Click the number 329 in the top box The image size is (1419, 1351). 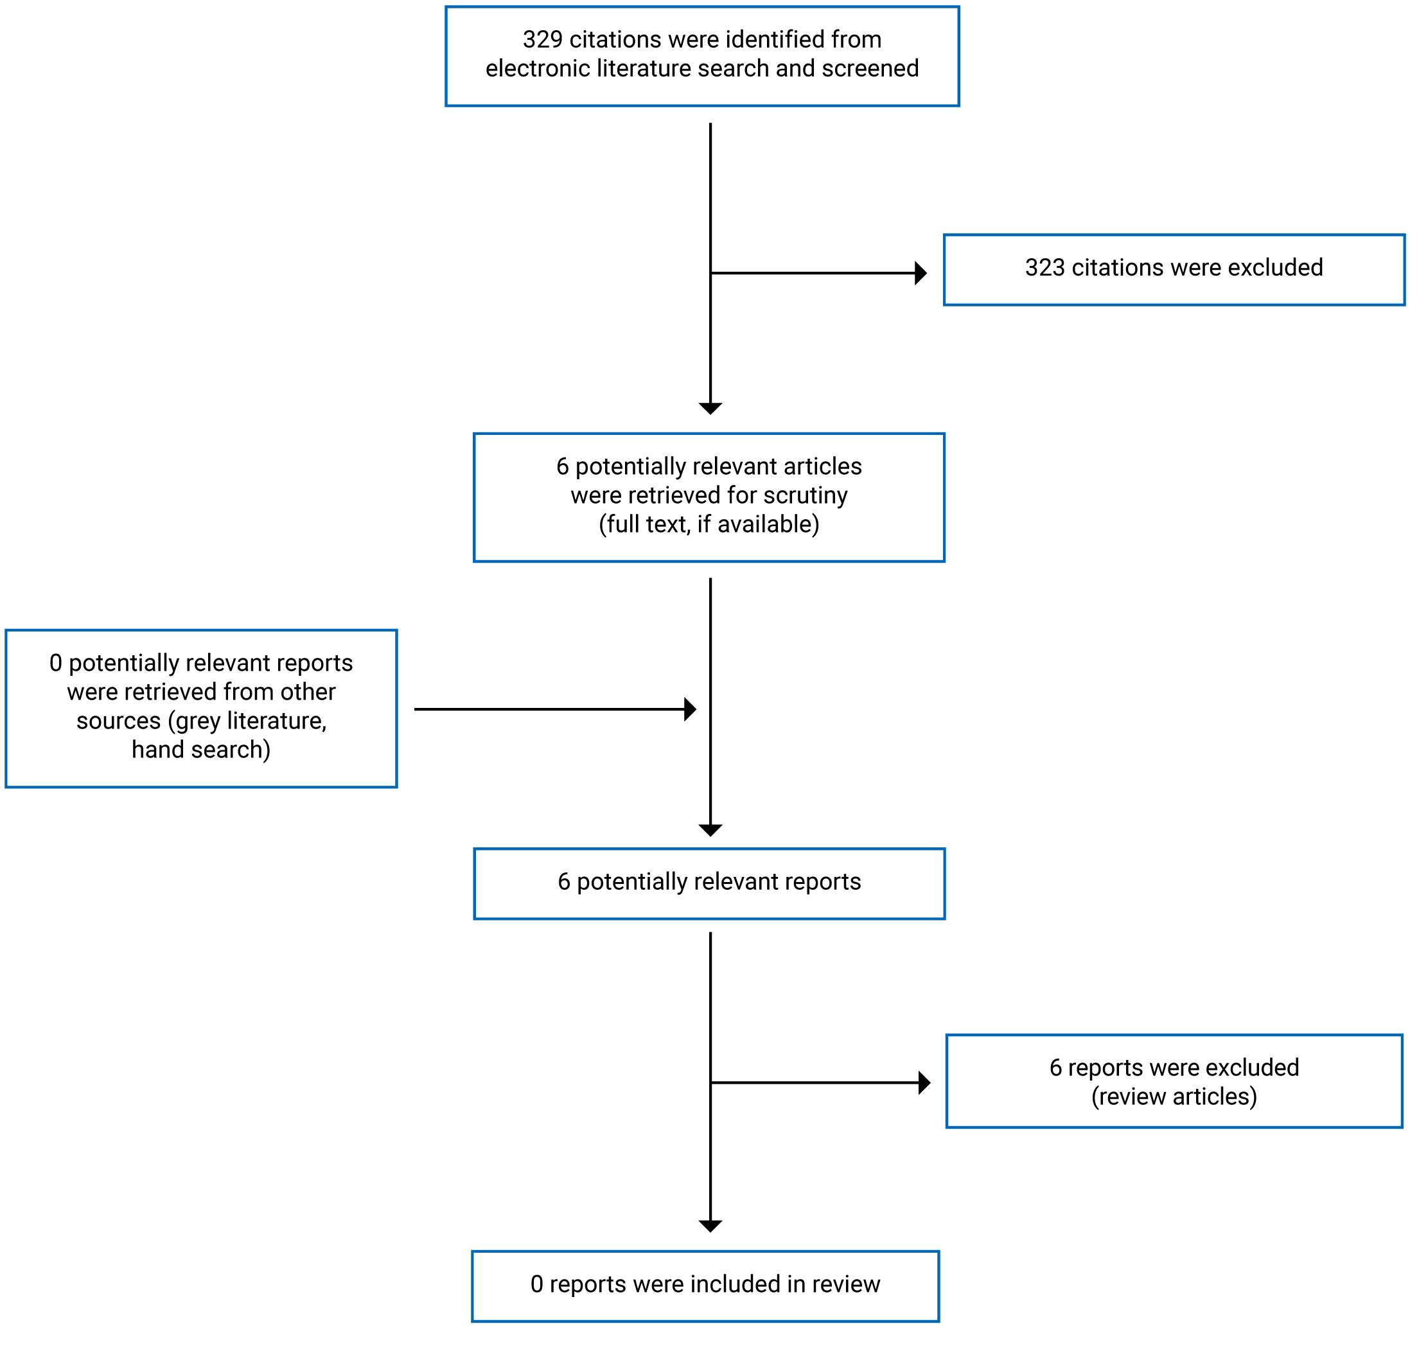point(542,40)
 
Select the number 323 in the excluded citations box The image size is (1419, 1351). point(1044,268)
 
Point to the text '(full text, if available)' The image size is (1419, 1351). point(709,524)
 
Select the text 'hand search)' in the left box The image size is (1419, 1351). point(201,750)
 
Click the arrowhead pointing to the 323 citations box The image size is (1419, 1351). point(921,273)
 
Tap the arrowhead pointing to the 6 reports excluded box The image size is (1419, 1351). point(924,1082)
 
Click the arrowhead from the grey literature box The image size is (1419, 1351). point(691,709)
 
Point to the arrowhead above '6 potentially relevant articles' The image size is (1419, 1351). point(710,409)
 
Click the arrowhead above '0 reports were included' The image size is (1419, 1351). point(710,1226)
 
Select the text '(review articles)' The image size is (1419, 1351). point(1174,1097)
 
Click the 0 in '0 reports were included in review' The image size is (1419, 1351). point(537,1285)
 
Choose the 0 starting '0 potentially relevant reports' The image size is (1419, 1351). point(55,663)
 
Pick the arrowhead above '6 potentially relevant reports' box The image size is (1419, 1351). point(710,831)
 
